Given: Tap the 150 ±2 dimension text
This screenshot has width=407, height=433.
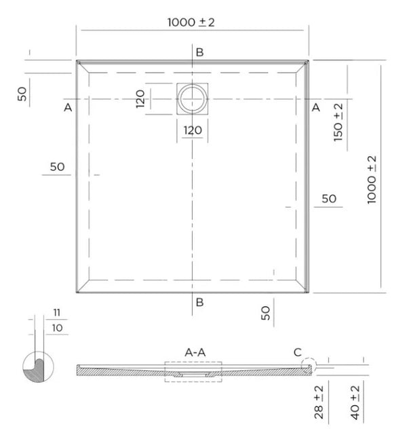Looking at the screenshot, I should pyautogui.click(x=337, y=121).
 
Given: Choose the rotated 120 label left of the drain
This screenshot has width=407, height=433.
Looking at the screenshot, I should pyautogui.click(x=141, y=98).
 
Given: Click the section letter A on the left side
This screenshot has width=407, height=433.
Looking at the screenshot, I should pyautogui.click(x=68, y=107).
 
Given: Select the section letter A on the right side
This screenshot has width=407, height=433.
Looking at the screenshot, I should pyautogui.click(x=315, y=107).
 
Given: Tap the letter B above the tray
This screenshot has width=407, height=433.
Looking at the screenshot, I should pyautogui.click(x=199, y=52).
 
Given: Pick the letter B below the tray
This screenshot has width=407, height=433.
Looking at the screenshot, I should pyautogui.click(x=199, y=302).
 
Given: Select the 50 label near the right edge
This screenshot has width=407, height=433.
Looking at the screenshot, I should pyautogui.click(x=329, y=198).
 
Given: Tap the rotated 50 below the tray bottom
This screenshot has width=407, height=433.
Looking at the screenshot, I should pyautogui.click(x=267, y=312).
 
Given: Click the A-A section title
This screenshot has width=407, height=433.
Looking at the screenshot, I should pyautogui.click(x=195, y=352).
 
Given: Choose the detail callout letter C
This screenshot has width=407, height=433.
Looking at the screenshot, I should pyautogui.click(x=296, y=352).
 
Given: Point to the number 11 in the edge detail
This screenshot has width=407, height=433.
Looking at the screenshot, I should pyautogui.click(x=56, y=312).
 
